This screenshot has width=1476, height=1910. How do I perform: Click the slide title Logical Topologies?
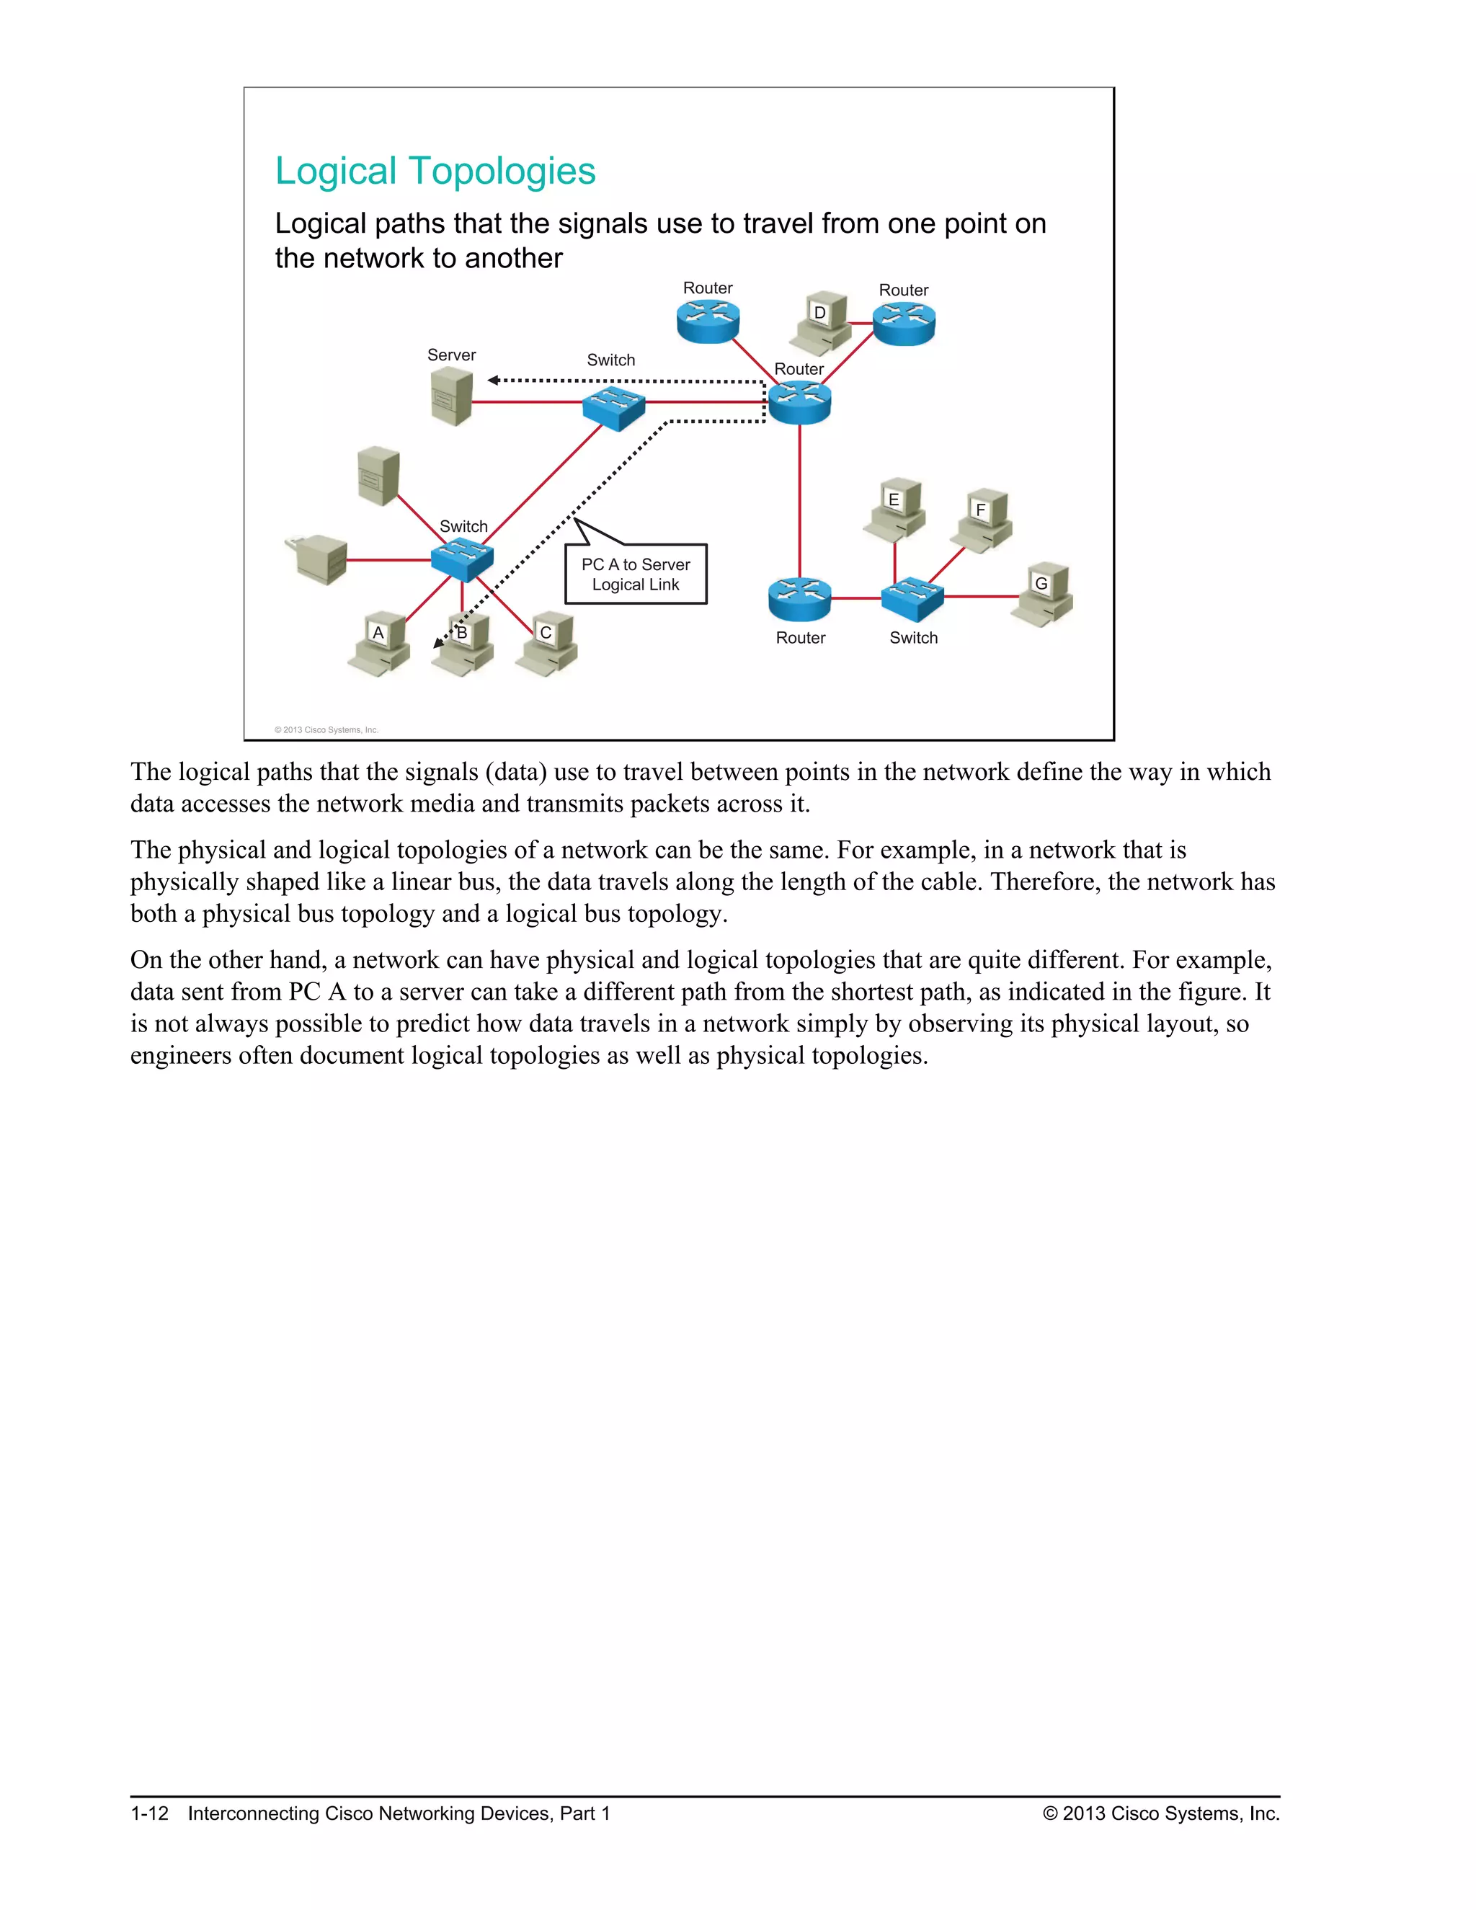click(435, 172)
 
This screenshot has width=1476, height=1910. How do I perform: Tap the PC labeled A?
click(381, 644)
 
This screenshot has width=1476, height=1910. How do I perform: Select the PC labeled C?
click(548, 644)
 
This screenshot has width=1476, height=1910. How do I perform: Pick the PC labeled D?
click(822, 323)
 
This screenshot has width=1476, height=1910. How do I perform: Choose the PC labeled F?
click(982, 520)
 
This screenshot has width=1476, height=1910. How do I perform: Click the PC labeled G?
click(1042, 594)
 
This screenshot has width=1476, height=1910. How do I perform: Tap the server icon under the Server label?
click(452, 398)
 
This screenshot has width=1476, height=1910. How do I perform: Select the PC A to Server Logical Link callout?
click(636, 574)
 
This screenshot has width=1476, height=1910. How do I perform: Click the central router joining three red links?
click(799, 403)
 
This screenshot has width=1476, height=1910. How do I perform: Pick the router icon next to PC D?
click(904, 324)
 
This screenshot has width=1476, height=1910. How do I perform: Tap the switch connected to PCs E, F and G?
click(912, 598)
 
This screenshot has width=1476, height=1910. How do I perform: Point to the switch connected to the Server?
click(614, 407)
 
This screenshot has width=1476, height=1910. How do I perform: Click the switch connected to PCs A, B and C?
click(462, 559)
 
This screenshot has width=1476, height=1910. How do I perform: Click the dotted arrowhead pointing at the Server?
click(493, 381)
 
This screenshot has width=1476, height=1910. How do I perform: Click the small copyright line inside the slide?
click(326, 729)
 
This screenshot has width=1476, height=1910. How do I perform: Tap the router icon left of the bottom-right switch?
click(799, 599)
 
